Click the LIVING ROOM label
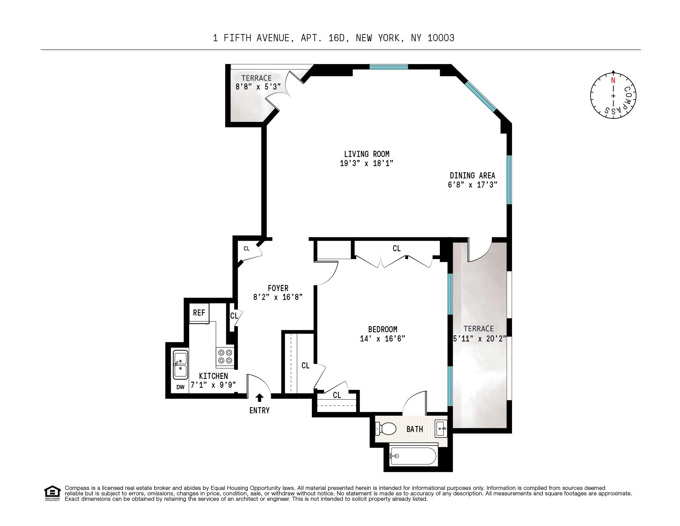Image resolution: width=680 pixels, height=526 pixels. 366,154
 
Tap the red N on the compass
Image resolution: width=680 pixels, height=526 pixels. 613,81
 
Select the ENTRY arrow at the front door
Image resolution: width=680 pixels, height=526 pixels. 260,397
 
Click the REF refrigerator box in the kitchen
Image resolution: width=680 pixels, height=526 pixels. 199,313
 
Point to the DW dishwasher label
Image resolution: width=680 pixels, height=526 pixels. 180,387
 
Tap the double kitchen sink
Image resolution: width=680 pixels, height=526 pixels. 180,364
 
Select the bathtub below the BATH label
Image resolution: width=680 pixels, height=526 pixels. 413,456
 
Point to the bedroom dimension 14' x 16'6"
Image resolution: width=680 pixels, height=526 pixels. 382,339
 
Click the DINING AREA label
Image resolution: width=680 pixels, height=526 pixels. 472,176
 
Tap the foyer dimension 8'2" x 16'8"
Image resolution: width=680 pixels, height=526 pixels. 278,297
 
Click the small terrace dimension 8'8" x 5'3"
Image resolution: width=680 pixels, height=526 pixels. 258,87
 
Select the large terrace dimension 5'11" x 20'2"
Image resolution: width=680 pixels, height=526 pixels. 480,339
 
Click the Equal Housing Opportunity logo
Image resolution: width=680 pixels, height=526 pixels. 52,493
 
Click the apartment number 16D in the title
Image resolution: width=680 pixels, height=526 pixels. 336,38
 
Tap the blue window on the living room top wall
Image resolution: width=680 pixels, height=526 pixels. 388,67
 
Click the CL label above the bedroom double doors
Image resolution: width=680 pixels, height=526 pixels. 396,249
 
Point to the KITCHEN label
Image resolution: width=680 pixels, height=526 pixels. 213,376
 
